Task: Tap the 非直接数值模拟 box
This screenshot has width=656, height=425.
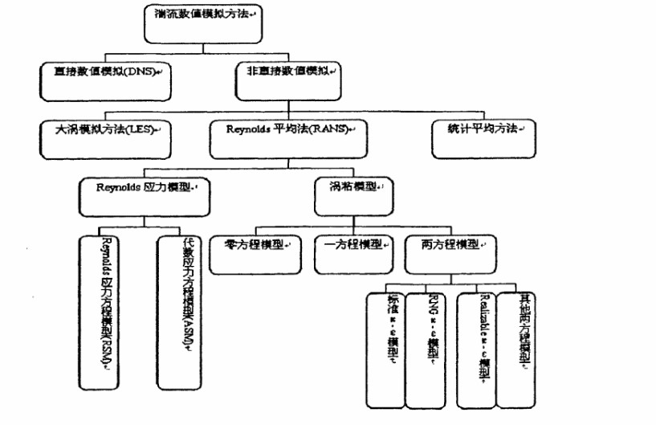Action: [287, 79]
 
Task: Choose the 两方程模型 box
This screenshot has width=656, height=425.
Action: [450, 250]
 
